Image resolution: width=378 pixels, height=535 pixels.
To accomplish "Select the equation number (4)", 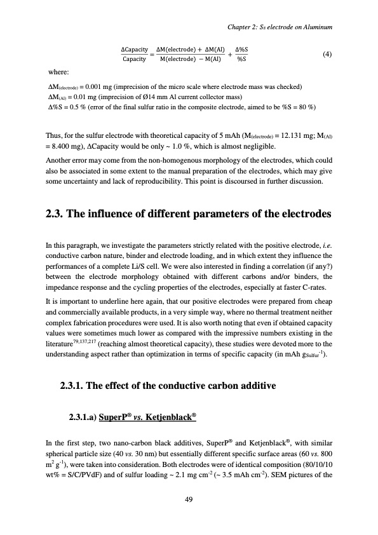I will point(327,54).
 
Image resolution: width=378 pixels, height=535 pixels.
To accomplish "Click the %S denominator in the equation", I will point(242,60).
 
